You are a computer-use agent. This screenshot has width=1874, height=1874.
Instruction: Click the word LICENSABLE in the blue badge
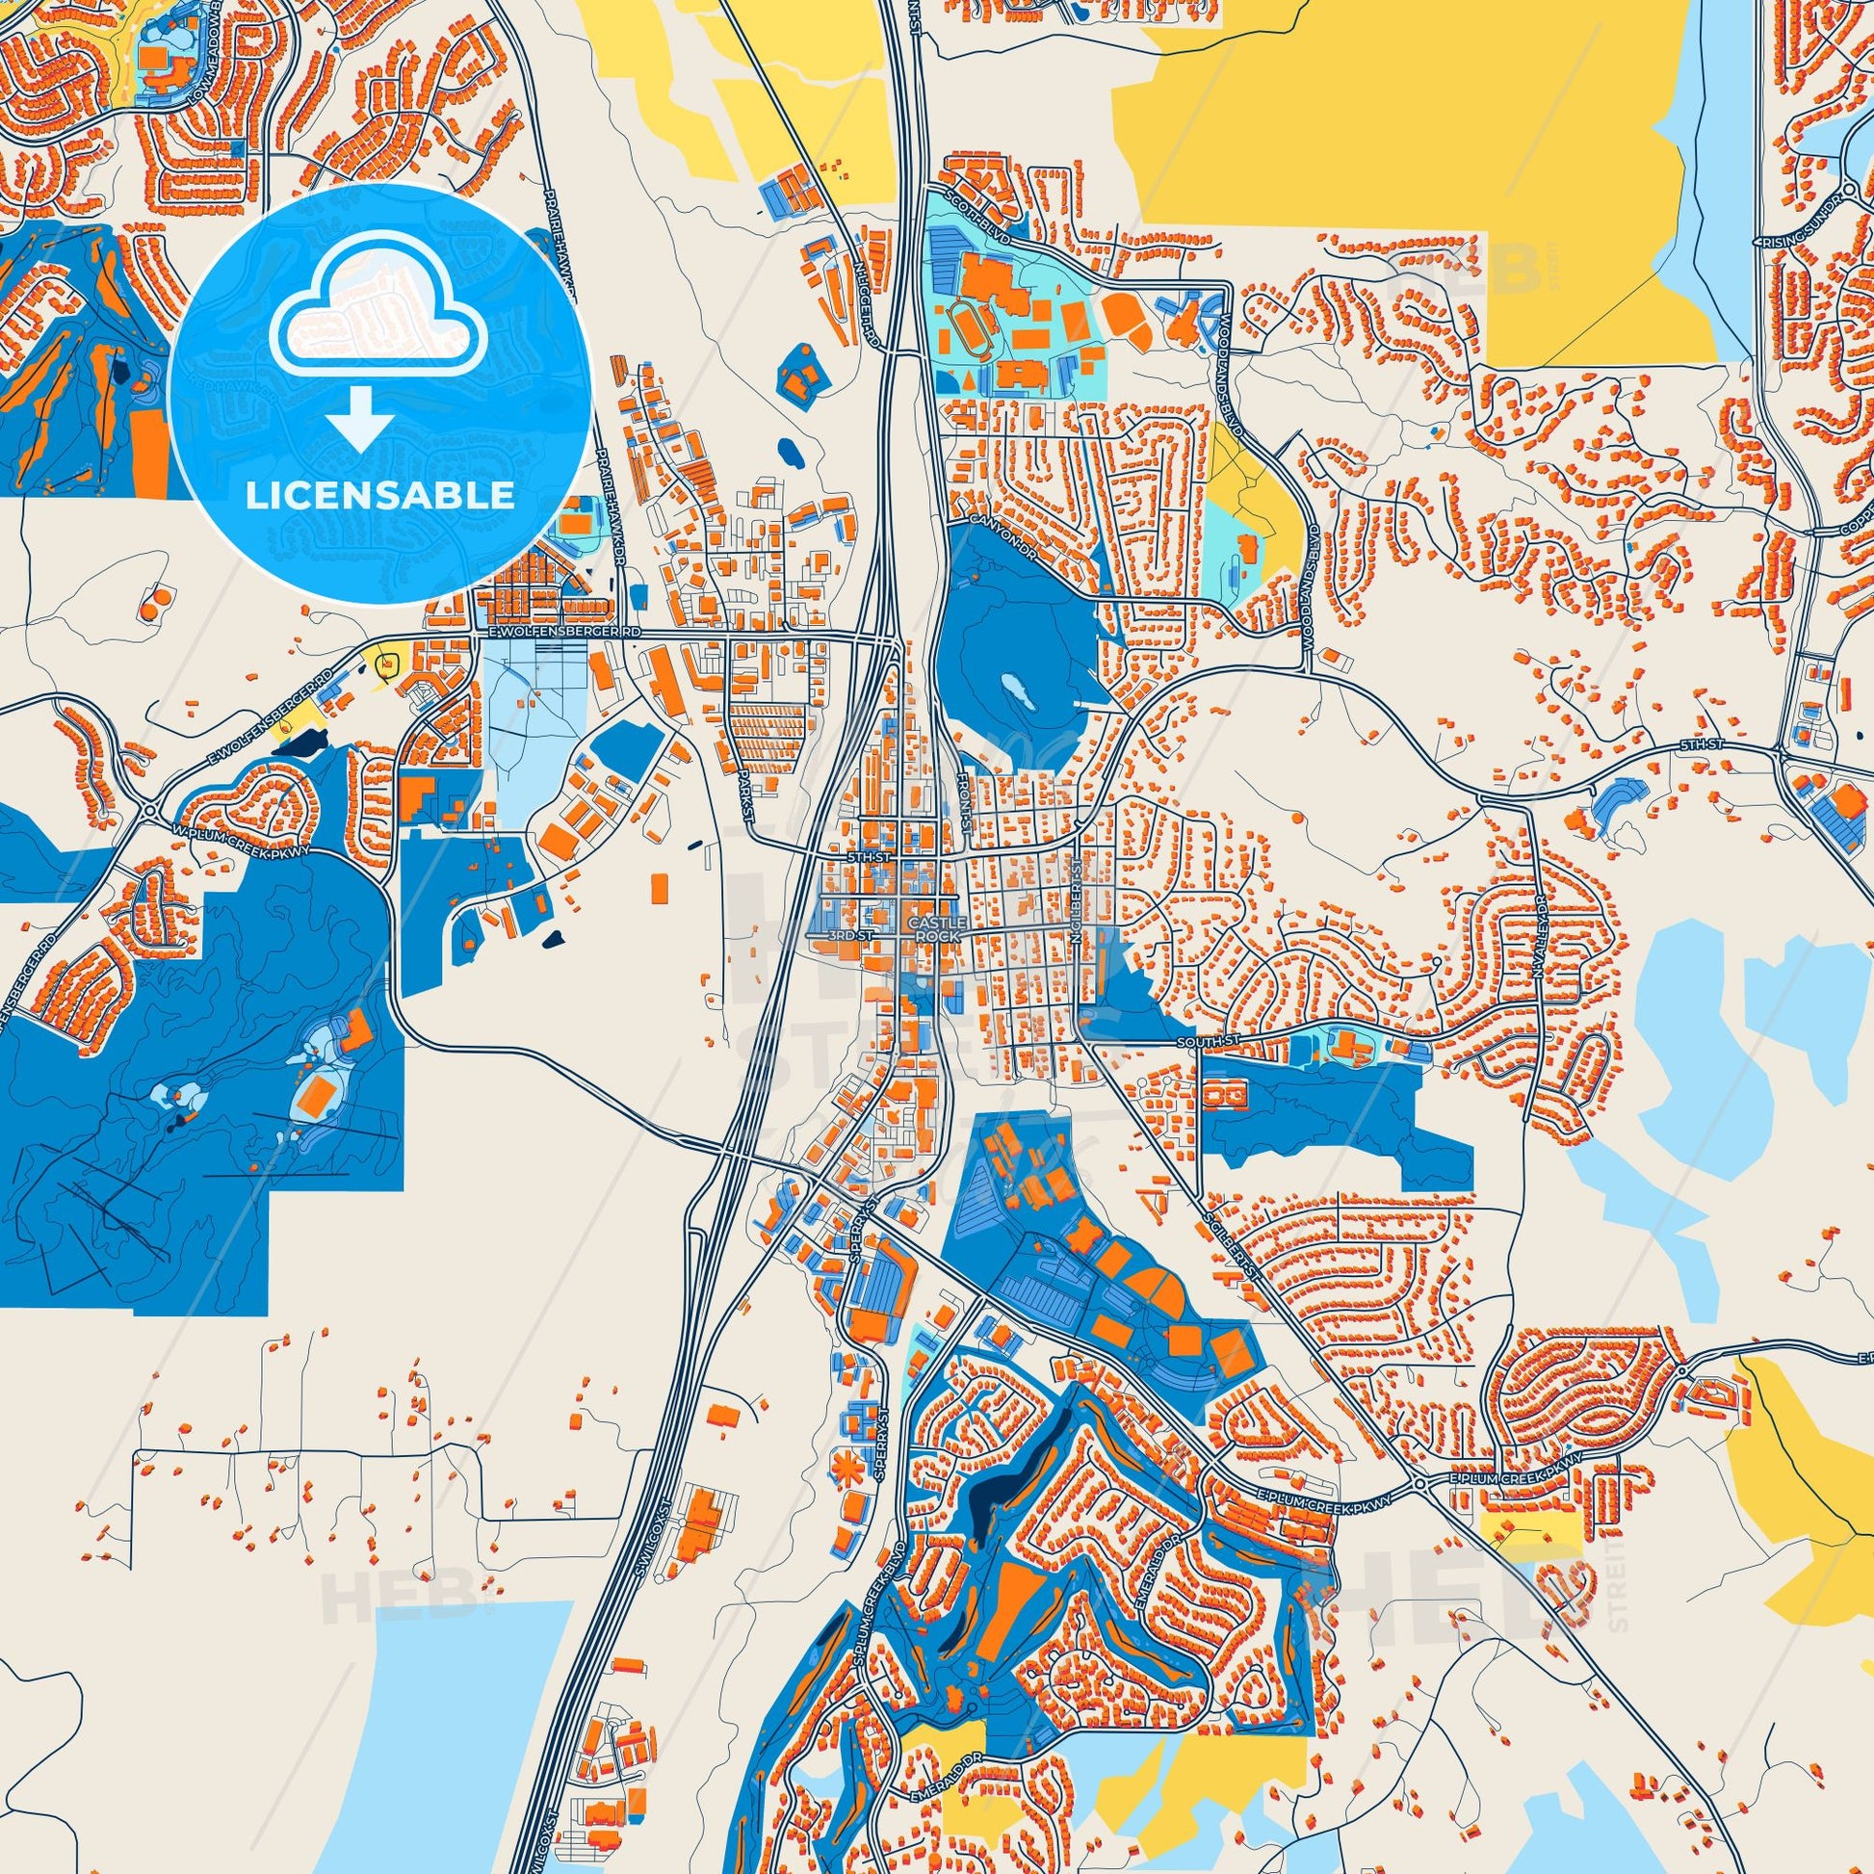tap(379, 496)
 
